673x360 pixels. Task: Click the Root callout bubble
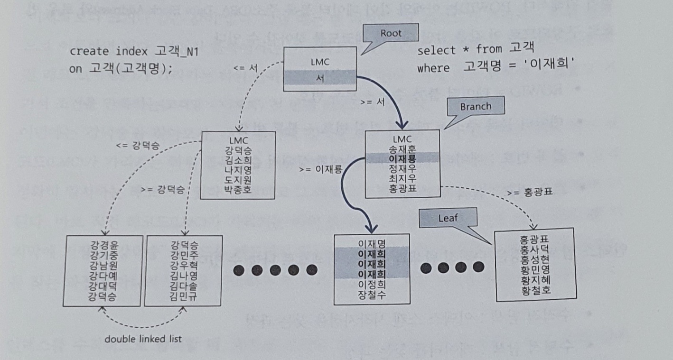(x=391, y=34)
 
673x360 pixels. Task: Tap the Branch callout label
(x=476, y=107)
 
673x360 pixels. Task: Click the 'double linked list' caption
(x=143, y=339)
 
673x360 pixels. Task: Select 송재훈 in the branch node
(x=402, y=148)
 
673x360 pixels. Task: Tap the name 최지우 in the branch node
(x=402, y=178)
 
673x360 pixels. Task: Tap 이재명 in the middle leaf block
(x=371, y=244)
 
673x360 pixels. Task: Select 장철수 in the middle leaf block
(x=371, y=295)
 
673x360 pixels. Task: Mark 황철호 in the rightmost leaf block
(x=535, y=289)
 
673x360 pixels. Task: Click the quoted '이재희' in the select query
(x=555, y=68)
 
